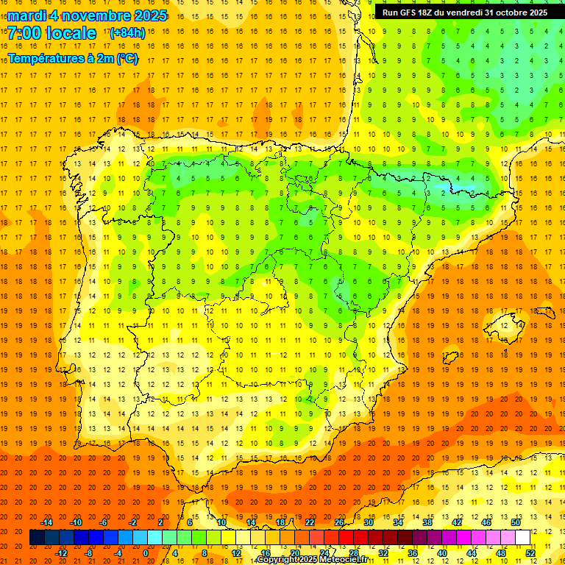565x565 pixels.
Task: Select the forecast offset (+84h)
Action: [x=127, y=33]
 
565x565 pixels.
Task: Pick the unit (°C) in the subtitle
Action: [x=127, y=59]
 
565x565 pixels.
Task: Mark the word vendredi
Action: [x=465, y=13]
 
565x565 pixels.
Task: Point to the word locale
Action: [x=71, y=33]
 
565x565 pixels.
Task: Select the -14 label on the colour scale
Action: [x=46, y=522]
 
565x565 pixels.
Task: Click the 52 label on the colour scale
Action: [x=530, y=553]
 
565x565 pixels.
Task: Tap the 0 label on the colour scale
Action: [x=146, y=553]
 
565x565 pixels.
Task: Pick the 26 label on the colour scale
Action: [x=339, y=522]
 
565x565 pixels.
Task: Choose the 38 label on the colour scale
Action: [x=427, y=522]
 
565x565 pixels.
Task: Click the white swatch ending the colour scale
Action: [x=523, y=538]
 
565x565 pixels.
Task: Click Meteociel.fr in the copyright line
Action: [x=339, y=560]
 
